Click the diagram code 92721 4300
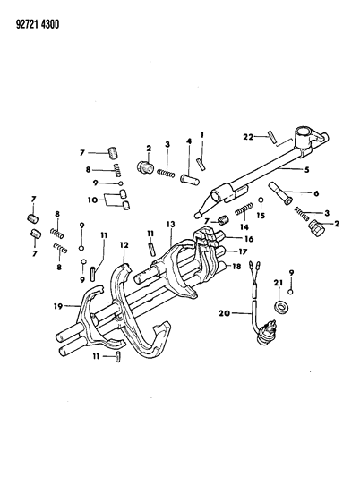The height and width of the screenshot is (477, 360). [x=37, y=24]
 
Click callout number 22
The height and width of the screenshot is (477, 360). [x=248, y=137]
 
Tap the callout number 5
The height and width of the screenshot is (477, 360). [x=307, y=170]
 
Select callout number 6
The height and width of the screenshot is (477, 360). [x=316, y=193]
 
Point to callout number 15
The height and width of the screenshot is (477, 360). [x=261, y=216]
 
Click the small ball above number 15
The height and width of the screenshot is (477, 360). [x=261, y=200]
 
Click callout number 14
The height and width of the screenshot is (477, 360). [x=244, y=227]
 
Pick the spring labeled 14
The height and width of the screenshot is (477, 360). [x=244, y=209]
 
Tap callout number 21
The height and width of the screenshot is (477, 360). [x=279, y=283]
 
